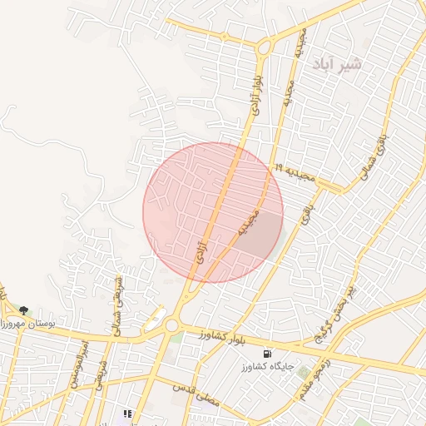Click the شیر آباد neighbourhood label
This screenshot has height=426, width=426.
tap(339, 64)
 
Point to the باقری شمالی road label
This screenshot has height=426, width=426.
tap(371, 152)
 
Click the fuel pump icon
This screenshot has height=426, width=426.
tap(267, 352)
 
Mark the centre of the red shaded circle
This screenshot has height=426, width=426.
tap(213, 212)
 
